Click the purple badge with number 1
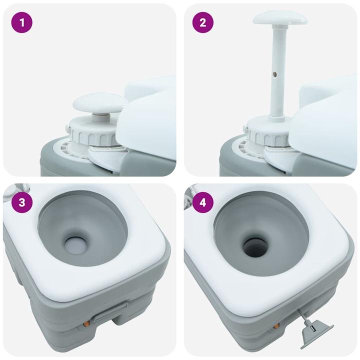[x=21, y=22]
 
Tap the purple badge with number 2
[x=202, y=22]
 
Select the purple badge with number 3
[x=21, y=202]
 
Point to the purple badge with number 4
[x=202, y=202]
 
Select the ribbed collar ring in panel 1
[x=92, y=131]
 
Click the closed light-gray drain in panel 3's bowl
[x=76, y=244]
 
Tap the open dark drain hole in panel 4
[x=255, y=245]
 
